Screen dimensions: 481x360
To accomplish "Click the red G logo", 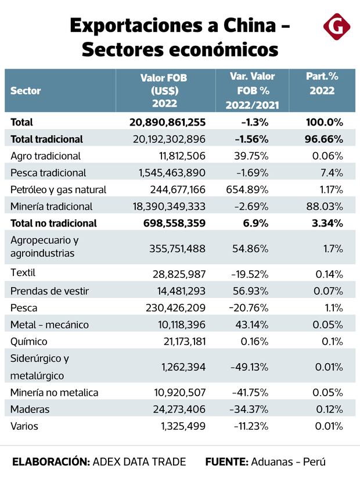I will pyautogui.click(x=334, y=28).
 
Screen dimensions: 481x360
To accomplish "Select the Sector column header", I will pyautogui.click(x=26, y=91).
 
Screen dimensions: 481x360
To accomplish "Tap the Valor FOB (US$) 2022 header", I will pyautogui.click(x=164, y=91).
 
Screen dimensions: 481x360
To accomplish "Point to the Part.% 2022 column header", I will pyautogui.click(x=322, y=83).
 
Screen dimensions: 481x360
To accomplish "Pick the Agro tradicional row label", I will pyautogui.click(x=45, y=156).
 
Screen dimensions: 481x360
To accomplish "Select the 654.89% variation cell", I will pyautogui.click(x=249, y=189).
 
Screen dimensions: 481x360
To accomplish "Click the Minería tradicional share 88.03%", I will pyautogui.click(x=325, y=206).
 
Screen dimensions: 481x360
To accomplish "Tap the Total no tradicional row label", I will pyautogui.click(x=53, y=223).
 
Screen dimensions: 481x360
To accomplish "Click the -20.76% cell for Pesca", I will pyautogui.click(x=250, y=307).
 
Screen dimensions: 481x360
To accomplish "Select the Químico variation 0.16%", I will pyautogui.click(x=254, y=341).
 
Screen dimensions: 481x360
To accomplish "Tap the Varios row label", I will pyautogui.click(x=24, y=426).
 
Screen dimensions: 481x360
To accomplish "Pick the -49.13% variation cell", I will pyautogui.click(x=250, y=367).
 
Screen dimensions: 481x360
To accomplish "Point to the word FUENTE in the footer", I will pyautogui.click(x=226, y=462).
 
